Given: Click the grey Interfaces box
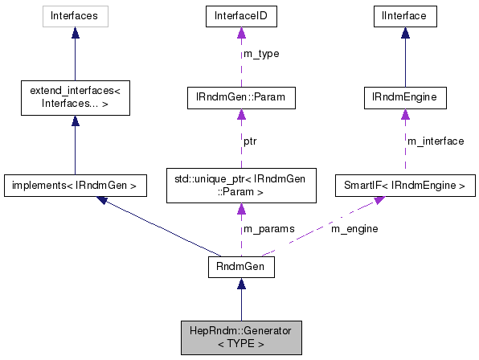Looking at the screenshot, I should click(75, 15).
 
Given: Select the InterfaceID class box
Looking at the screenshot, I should click(240, 15).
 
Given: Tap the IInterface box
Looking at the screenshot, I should click(406, 15).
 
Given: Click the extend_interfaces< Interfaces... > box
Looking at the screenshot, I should click(75, 100).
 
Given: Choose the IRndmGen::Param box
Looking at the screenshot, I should click(240, 100).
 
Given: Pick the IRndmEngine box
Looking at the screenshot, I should click(406, 100).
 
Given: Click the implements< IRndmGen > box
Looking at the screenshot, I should click(75, 186).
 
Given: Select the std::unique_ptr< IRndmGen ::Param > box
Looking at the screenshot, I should click(240, 185).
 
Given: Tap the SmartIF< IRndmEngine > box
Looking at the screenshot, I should click(406, 186).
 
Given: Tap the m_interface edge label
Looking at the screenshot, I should click(436, 141).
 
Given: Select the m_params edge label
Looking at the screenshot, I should click(268, 228).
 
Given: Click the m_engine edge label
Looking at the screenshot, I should click(354, 228).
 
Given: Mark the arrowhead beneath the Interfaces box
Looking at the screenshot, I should click(75, 32).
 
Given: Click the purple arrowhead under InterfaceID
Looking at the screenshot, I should click(240, 32).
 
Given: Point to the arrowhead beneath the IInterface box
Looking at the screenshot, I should click(406, 32).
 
